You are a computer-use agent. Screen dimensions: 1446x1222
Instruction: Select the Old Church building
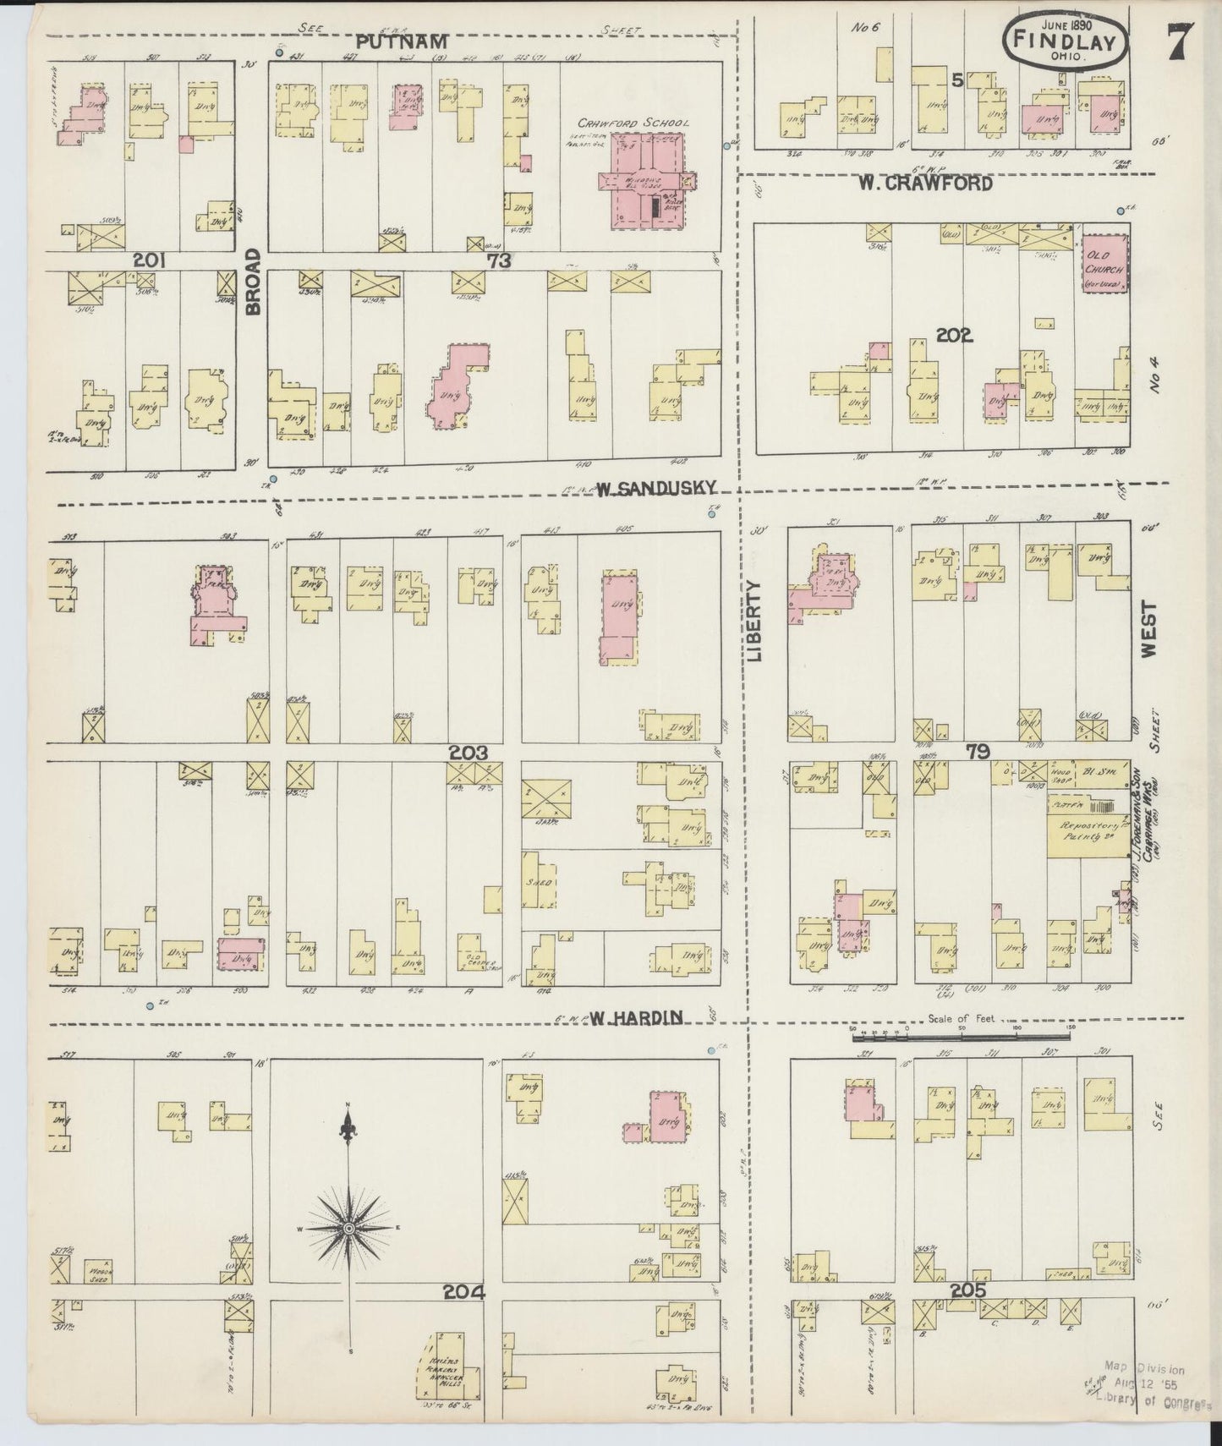[1104, 264]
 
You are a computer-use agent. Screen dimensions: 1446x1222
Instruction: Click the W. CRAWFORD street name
[924, 183]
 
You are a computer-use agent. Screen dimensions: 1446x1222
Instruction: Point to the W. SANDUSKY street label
[658, 488]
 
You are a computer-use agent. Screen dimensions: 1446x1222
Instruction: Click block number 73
[499, 261]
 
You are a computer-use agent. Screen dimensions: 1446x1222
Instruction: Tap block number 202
[955, 336]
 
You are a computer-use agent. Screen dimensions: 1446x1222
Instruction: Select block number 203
[467, 752]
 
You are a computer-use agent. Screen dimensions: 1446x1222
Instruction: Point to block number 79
[978, 750]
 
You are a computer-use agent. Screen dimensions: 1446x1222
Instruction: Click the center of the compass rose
[348, 1227]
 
